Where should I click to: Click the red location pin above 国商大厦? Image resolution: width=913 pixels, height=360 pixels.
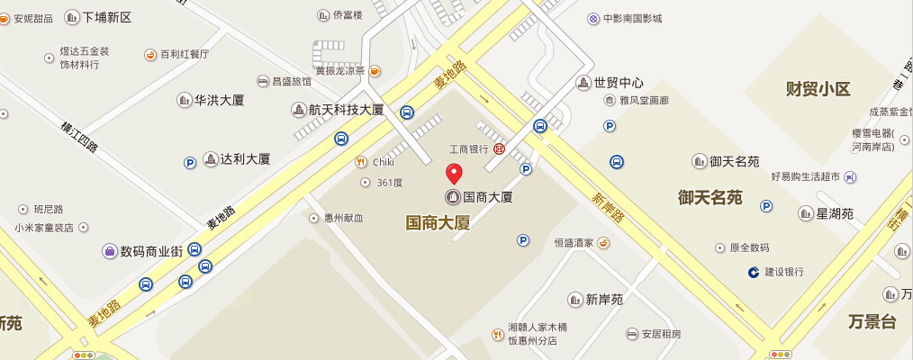(455, 175)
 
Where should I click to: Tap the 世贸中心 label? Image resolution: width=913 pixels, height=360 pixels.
(618, 83)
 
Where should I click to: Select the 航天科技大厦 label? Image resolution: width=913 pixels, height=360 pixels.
(346, 110)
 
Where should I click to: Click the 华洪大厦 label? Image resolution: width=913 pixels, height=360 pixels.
(220, 100)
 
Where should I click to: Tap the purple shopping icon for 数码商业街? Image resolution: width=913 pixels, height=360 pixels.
(110, 251)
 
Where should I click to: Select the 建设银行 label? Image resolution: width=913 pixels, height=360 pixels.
(783, 272)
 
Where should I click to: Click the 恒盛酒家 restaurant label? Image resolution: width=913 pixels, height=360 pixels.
(574, 243)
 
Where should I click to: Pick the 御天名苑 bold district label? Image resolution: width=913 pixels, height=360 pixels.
(710, 197)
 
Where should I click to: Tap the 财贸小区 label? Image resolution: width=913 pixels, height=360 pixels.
(818, 88)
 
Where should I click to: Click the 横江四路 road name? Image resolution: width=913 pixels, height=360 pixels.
(80, 139)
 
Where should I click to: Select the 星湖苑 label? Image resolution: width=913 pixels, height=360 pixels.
(834, 213)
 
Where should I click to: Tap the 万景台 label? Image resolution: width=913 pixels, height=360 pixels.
(872, 321)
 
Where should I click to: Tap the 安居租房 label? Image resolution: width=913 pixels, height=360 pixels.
(661, 334)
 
